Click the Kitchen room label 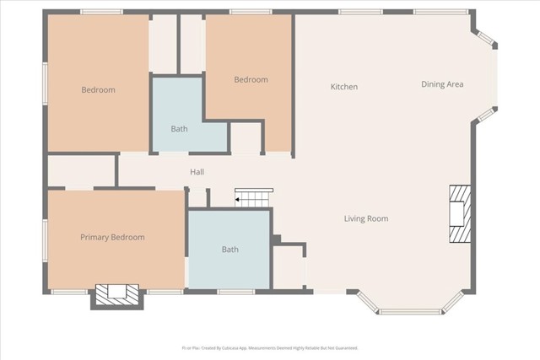(343, 87)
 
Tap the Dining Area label (442, 84)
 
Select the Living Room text (366, 219)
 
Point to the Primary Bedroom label (112, 238)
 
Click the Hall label (197, 173)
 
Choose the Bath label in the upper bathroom (179, 130)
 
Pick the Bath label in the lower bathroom (229, 250)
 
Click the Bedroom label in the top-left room (98, 90)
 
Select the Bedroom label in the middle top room (251, 80)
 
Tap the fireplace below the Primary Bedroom (111, 293)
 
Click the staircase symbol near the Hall (251, 198)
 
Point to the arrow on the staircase (239, 199)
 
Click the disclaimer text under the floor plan (270, 347)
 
